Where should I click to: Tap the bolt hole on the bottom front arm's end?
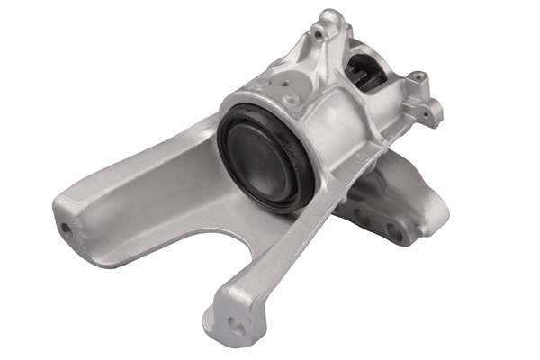pyautogui.click(x=237, y=326)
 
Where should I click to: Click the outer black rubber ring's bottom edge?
pyautogui.click(x=270, y=206)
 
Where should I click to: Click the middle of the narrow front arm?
pyautogui.click(x=270, y=261)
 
